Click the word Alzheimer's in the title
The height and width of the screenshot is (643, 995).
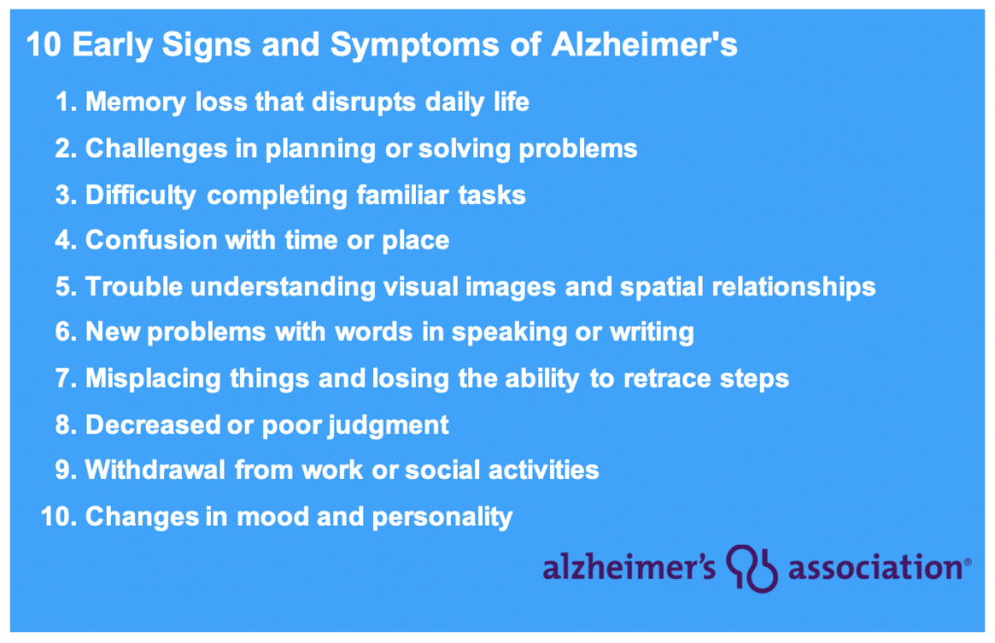point(644,45)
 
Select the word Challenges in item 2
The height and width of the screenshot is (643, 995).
point(156,150)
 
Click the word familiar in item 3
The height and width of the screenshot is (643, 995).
point(402,194)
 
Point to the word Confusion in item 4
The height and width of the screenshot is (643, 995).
point(151,240)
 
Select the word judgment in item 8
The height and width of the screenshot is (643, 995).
point(388,425)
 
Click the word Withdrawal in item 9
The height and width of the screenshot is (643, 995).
point(154,470)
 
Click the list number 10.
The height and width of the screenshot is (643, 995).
point(58,517)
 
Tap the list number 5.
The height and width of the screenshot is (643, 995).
point(66,287)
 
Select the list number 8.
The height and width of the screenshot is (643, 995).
point(66,424)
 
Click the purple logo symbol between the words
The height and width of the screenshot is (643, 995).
point(752,568)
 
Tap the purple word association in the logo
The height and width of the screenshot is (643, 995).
point(875,567)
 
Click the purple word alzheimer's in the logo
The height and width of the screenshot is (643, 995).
point(629,566)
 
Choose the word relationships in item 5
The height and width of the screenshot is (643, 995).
point(794,288)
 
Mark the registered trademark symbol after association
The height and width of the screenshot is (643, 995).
point(968,561)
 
